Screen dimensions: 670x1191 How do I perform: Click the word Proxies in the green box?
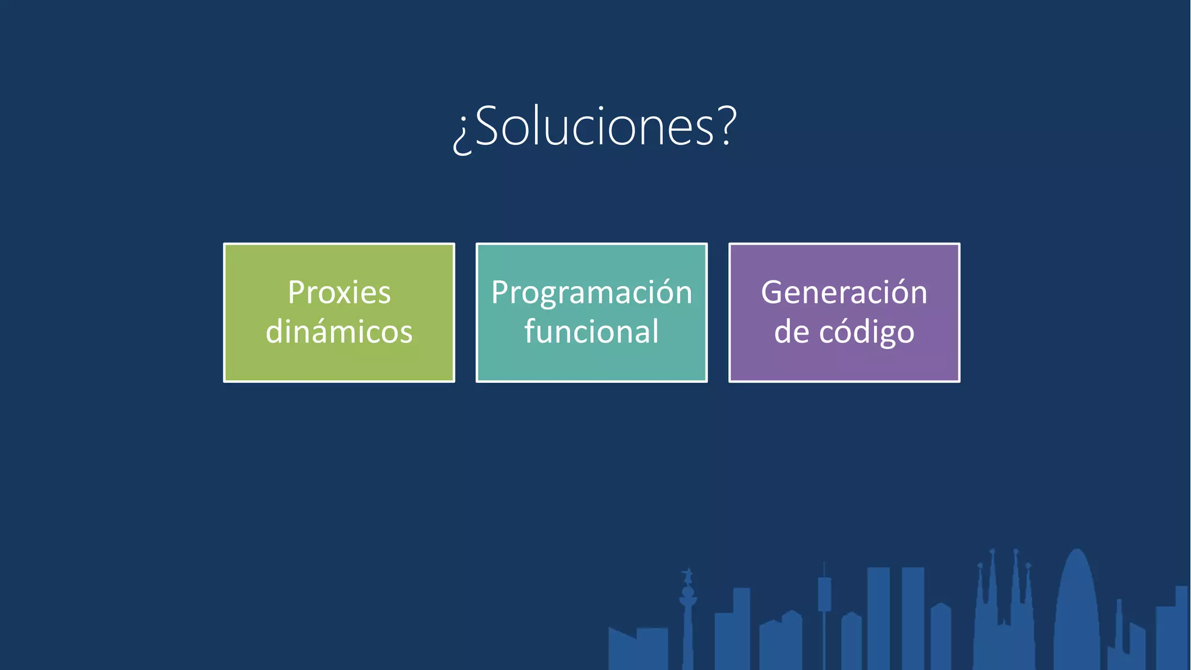[339, 292]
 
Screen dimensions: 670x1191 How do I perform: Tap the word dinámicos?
[339, 332]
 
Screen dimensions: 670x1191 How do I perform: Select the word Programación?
[591, 292]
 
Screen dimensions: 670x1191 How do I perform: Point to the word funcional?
[591, 332]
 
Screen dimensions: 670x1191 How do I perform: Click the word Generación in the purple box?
[844, 292]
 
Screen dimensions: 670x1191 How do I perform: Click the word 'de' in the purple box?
[791, 332]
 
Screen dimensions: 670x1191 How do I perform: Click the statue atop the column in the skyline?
[688, 576]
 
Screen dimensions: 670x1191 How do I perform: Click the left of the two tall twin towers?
[878, 616]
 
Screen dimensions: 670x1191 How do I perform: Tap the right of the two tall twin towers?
[912, 616]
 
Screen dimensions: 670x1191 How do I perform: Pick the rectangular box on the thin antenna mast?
[824, 594]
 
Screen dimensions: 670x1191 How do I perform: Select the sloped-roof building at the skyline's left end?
[622, 648]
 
